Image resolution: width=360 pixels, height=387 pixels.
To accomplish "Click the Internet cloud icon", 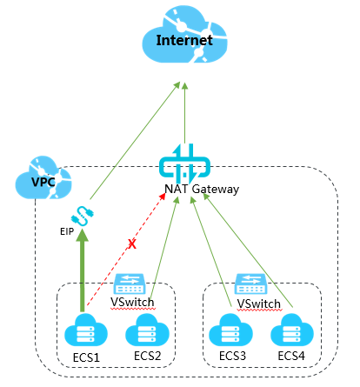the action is [184, 34].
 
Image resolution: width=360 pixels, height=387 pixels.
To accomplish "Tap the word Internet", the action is [184, 40].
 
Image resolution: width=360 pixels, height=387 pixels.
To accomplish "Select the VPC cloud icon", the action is [43, 177].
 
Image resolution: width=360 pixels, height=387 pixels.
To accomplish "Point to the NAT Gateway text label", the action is [202, 189].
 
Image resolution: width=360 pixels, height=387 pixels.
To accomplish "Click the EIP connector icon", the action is [83, 216].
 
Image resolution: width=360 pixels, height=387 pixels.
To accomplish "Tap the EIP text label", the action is [67, 231].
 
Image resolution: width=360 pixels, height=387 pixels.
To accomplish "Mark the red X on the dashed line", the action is [132, 244].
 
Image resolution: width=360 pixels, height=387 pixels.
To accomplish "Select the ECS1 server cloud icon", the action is [86, 330].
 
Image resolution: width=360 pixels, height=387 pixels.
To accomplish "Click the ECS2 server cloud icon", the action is [147, 330].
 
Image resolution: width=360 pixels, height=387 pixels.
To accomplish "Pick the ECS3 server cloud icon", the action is [230, 330].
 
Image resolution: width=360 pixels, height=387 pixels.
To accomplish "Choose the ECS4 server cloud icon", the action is [292, 330].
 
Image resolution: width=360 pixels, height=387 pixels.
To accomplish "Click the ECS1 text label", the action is [86, 357].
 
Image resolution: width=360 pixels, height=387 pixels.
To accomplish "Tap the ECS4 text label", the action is [291, 356].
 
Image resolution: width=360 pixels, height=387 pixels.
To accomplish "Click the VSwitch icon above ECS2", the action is [130, 284].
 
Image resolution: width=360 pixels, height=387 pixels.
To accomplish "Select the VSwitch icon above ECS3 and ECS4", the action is [251, 284].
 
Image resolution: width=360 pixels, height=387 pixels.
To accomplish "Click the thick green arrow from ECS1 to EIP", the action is [83, 270].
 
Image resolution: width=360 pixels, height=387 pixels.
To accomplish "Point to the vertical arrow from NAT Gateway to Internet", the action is [184, 113].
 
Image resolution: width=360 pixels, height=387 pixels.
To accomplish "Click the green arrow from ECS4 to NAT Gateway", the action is [248, 250].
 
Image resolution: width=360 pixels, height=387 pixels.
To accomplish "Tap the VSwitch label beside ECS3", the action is [259, 304].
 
